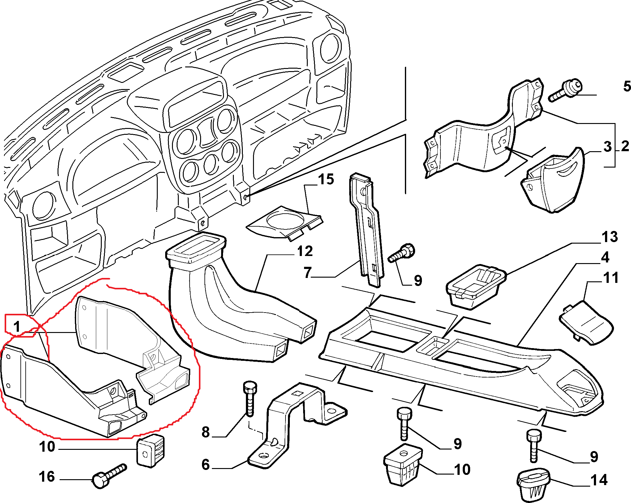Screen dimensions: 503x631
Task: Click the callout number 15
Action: click(326, 179)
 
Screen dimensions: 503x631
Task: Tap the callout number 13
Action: click(610, 237)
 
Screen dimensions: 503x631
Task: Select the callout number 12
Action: click(305, 251)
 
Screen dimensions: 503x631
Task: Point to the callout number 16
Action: click(47, 476)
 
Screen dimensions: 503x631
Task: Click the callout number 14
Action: click(599, 480)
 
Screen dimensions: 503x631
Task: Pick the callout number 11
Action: click(611, 278)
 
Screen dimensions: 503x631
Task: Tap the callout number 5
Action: click(627, 86)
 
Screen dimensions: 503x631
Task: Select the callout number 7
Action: click(307, 272)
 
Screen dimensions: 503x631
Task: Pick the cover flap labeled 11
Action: click(586, 323)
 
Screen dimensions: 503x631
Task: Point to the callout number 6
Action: click(206, 464)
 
